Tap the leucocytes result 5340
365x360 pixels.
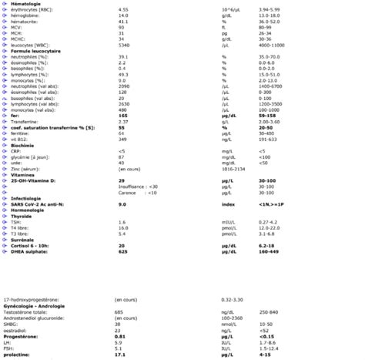coord(123,45)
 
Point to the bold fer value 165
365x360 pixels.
coord(122,113)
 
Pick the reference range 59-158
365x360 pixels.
coord(270,113)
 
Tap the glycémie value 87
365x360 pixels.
coord(121,156)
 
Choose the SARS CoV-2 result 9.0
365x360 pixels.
coord(122,204)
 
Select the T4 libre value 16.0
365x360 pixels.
coord(123,227)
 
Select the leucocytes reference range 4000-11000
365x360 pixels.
coord(274,45)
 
